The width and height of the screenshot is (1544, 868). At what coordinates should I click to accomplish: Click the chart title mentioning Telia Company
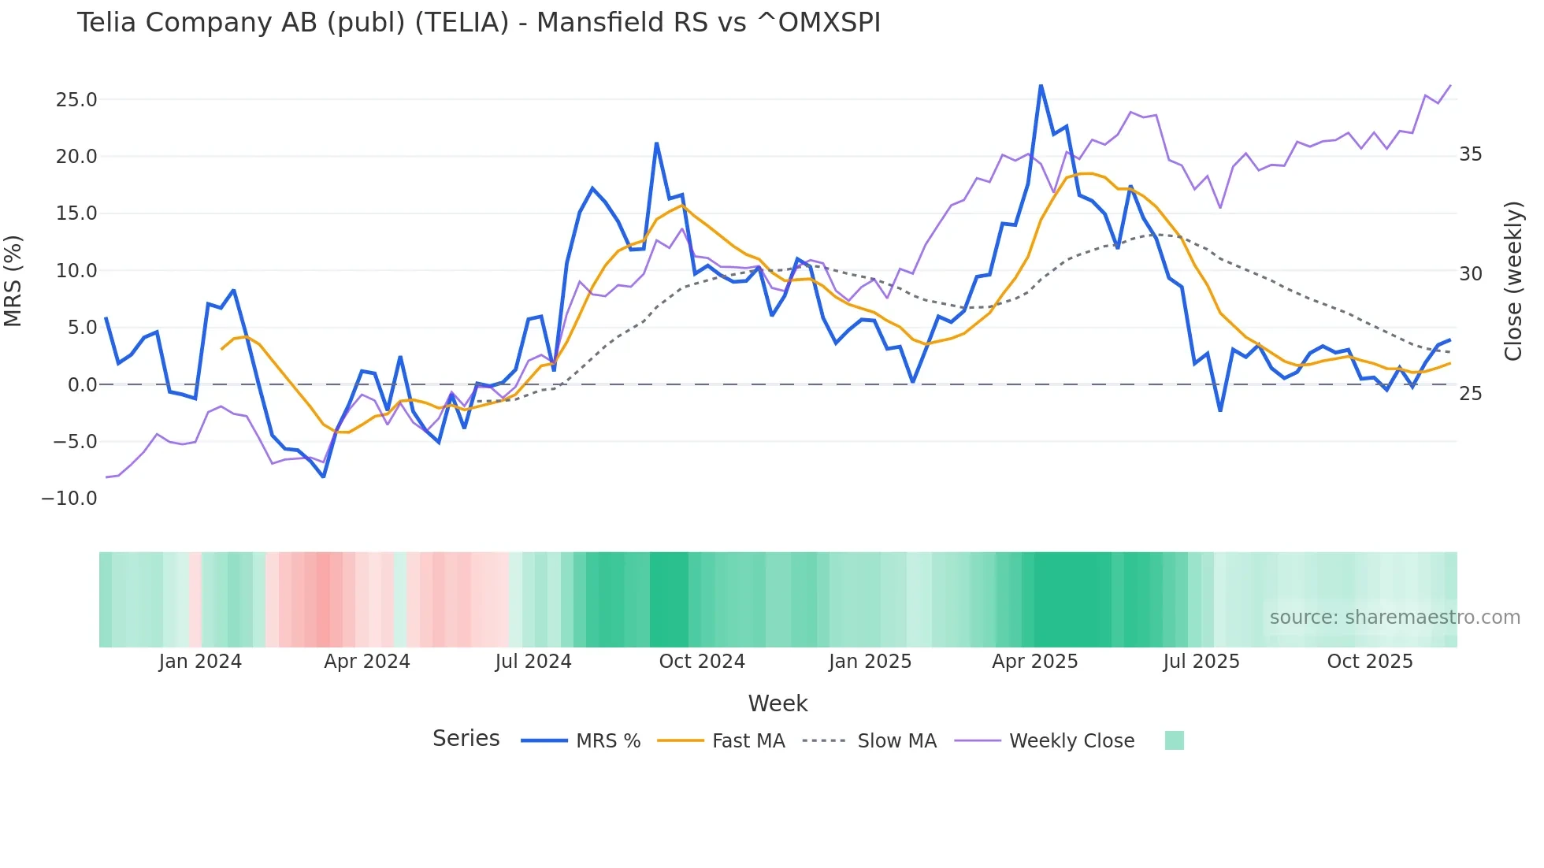pos(478,23)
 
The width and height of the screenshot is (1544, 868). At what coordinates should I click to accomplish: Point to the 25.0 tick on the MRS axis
pos(76,100)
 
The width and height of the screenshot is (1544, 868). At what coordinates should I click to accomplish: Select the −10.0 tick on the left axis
pos(69,499)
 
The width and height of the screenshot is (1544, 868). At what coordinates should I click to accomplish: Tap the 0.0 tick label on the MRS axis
pos(82,385)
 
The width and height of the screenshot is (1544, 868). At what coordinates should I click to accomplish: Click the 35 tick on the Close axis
pos(1471,154)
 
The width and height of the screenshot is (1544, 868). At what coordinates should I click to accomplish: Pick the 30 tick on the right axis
pos(1471,274)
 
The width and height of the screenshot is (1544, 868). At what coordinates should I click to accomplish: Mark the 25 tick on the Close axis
pos(1471,394)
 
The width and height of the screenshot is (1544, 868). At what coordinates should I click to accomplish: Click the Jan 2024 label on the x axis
pos(200,662)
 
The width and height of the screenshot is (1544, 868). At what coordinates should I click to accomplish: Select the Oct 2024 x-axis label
pos(702,662)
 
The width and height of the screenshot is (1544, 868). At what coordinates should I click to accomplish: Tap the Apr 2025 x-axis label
pos(1034,662)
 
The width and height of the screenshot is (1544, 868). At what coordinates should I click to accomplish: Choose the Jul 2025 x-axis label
pos(1201,662)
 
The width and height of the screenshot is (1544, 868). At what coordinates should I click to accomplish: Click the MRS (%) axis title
pos(13,281)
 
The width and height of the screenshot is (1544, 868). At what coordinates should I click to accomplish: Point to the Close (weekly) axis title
pos(1513,281)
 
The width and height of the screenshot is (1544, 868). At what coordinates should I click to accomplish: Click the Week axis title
pos(778,703)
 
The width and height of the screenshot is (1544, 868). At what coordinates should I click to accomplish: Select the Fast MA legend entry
pos(748,741)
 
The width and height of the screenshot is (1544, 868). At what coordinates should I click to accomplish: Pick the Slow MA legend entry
pos(896,741)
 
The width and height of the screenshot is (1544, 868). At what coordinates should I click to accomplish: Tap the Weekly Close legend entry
pos(1071,741)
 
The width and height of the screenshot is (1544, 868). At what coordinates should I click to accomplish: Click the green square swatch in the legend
pos(1174,740)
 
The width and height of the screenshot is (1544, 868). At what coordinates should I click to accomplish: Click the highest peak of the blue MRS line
pos(1041,85)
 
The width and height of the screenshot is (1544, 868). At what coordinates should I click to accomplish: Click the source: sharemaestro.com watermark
pos(1394,618)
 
